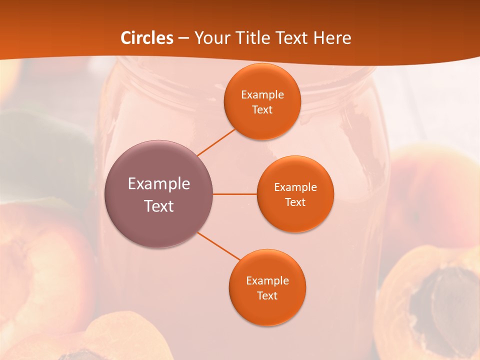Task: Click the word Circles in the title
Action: click(147, 38)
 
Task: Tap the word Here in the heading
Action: click(332, 38)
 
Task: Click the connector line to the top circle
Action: click(216, 142)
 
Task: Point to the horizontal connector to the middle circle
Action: click(234, 194)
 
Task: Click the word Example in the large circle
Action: click(159, 184)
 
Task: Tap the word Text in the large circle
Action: click(159, 206)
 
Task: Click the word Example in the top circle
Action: click(262, 95)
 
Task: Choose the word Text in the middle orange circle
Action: click(295, 202)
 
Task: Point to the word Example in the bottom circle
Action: click(267, 281)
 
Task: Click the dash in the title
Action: click(183, 38)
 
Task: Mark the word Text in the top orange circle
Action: click(262, 110)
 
